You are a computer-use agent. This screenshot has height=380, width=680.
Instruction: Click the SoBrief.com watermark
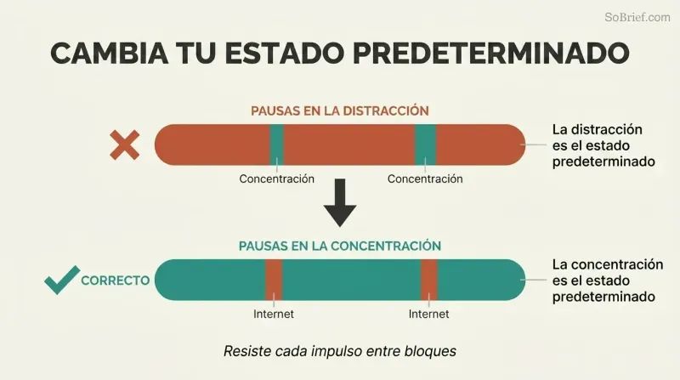click(x=637, y=17)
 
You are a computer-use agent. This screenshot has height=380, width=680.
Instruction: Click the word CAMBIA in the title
click(x=110, y=53)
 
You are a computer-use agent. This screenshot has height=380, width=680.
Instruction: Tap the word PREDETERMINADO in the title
click(x=491, y=53)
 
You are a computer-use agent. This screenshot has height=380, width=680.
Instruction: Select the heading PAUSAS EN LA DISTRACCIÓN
click(x=339, y=111)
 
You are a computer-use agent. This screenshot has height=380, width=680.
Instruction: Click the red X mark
click(x=124, y=145)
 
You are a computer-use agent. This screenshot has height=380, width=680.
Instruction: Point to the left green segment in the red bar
click(x=277, y=145)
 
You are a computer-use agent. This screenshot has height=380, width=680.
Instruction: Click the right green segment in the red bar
click(x=426, y=145)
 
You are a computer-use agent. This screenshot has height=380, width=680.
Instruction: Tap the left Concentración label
click(x=277, y=179)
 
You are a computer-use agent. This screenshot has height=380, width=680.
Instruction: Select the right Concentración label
click(x=425, y=179)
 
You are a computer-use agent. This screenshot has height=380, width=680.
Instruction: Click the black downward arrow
click(x=340, y=202)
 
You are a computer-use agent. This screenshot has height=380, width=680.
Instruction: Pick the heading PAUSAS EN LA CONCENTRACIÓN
click(x=339, y=246)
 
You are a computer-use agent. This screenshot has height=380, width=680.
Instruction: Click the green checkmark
click(x=62, y=280)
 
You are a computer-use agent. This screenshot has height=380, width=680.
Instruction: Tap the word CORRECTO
click(x=116, y=281)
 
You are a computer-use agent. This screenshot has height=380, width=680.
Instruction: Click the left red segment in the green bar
click(x=274, y=280)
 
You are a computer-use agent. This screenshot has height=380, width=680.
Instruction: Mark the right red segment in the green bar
click(x=429, y=280)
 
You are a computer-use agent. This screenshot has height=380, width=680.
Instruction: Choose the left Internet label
click(x=274, y=314)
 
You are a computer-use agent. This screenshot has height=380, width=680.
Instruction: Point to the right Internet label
click(x=429, y=314)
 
